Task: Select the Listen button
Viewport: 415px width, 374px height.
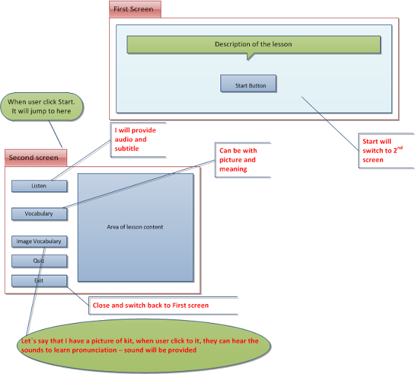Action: pos(39,186)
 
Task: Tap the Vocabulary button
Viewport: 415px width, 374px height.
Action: pos(39,213)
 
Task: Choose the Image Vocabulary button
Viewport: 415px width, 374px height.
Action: pos(39,242)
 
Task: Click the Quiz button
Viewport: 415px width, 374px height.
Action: pos(39,261)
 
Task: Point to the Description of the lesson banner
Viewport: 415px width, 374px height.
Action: pos(253,44)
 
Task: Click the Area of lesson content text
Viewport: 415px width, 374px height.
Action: pos(135,227)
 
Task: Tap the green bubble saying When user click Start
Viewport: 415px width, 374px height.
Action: pos(45,106)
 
